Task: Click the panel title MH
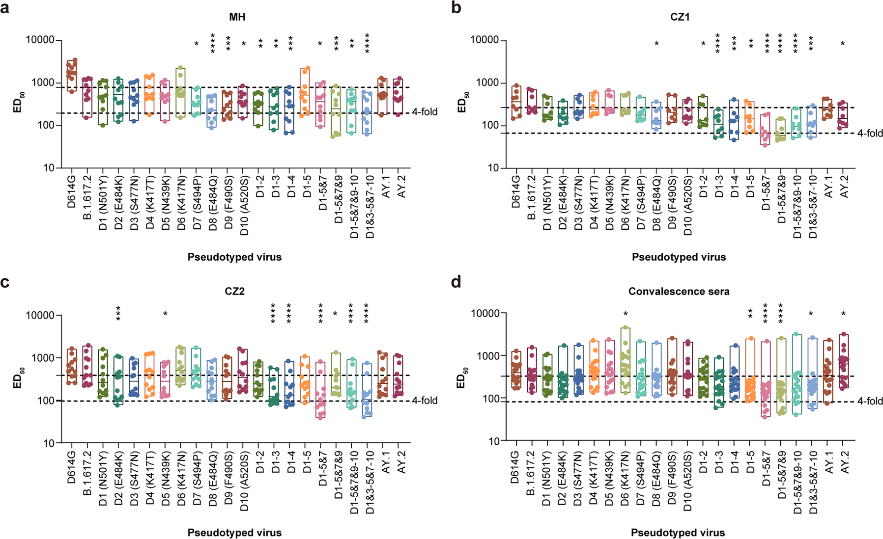click(x=237, y=17)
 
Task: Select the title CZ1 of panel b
click(x=680, y=17)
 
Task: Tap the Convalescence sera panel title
click(x=679, y=292)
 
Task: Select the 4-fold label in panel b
click(x=870, y=134)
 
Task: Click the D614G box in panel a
click(x=72, y=75)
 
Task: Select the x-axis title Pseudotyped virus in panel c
click(x=234, y=533)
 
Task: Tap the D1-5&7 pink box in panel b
click(x=764, y=129)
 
